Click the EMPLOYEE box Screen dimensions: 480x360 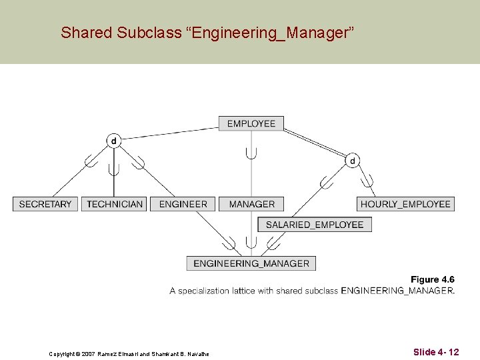(251, 123)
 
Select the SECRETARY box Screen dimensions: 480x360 (45, 204)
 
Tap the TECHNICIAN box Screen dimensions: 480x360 (115, 204)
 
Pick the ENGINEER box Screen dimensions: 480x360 (183, 204)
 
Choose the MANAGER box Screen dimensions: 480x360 (251, 204)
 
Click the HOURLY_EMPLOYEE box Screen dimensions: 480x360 (405, 204)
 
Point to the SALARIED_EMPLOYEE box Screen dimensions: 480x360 (314, 225)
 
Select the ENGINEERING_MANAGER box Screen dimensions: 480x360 (251, 263)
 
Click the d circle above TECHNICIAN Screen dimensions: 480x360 (113, 141)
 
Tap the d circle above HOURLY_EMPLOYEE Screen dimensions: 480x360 (351, 160)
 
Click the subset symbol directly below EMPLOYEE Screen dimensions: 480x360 (251, 153)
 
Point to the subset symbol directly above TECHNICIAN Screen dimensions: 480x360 (113, 168)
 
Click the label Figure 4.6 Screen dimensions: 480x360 (432, 279)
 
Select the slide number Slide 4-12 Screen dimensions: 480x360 (435, 351)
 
